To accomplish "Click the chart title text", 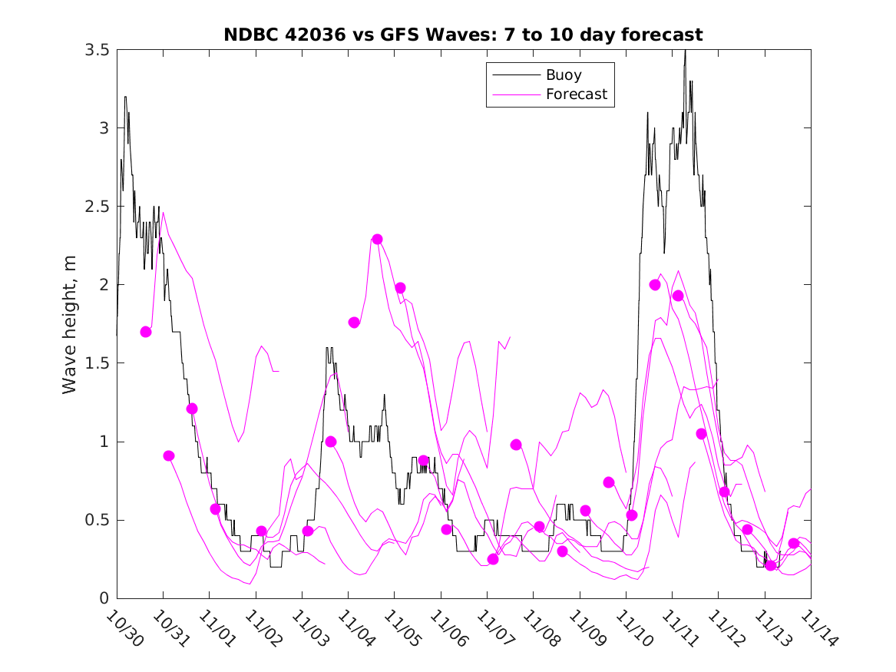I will (x=463, y=35).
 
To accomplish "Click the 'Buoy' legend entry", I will (x=563, y=75).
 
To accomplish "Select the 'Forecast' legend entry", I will (x=576, y=94).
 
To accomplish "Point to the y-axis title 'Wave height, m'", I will (x=70, y=323).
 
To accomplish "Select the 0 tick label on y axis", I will (x=103, y=598).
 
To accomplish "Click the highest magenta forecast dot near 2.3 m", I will (x=377, y=239).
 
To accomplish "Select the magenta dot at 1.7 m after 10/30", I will (x=146, y=332).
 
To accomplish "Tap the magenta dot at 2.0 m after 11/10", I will (x=655, y=285).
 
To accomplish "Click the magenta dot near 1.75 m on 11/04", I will (x=354, y=323).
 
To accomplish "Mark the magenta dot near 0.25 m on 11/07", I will (x=493, y=559).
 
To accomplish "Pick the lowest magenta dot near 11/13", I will (x=771, y=565).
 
